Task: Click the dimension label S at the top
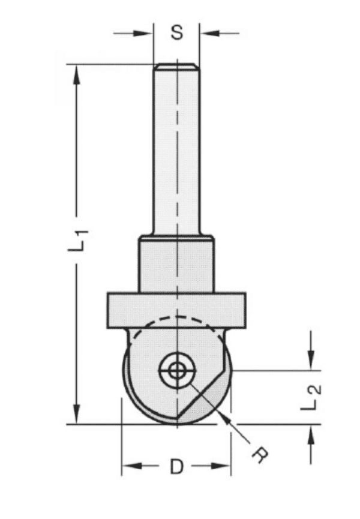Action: tap(176, 32)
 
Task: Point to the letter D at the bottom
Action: tap(176, 466)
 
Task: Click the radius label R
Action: tap(259, 455)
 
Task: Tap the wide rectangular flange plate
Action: tap(176, 310)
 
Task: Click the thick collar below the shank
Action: tap(176, 264)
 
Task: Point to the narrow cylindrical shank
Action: tap(176, 150)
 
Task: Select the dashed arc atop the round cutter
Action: tap(176, 319)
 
